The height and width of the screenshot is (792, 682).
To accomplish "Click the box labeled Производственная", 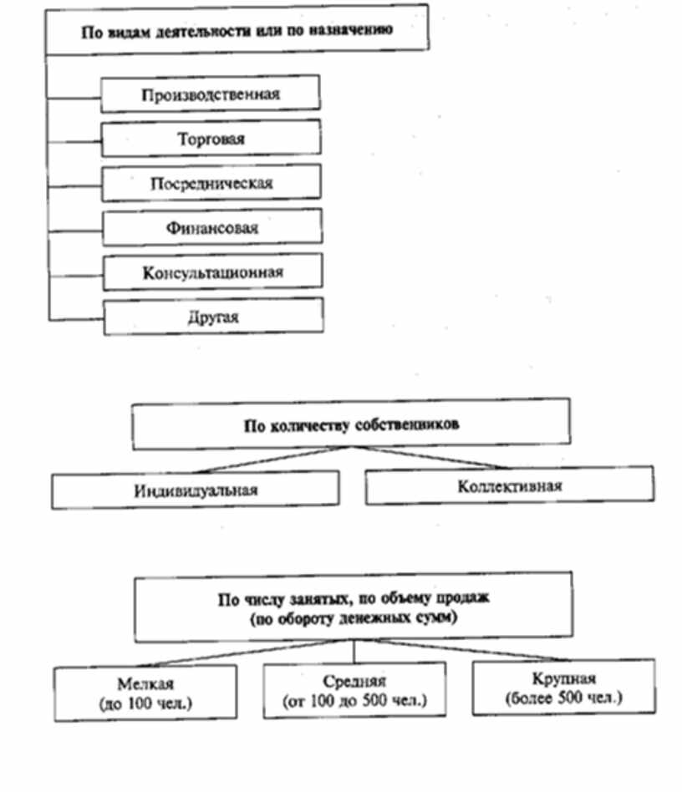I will [211, 94].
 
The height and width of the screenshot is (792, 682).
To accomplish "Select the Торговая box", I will [211, 139].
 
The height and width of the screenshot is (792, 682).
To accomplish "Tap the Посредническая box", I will [211, 183].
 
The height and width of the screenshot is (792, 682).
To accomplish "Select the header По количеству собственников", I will [351, 424].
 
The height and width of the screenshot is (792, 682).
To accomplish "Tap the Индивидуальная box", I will [196, 490].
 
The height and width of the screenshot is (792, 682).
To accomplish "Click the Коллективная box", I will [510, 486].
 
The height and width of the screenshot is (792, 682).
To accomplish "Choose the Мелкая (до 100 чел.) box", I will [145, 693].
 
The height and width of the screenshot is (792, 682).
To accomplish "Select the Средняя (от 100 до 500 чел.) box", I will [354, 690].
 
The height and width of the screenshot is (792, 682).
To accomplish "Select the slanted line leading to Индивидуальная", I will [251, 461].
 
